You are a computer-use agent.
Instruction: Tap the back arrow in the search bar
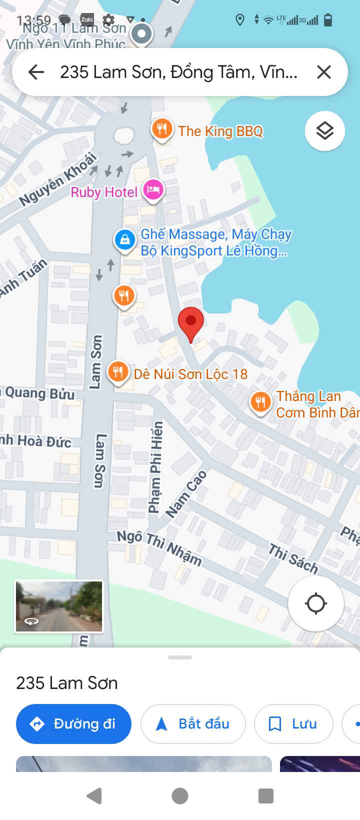pyautogui.click(x=36, y=72)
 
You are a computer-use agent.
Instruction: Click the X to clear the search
pyautogui.click(x=324, y=72)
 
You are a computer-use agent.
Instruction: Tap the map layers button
pyautogui.click(x=325, y=131)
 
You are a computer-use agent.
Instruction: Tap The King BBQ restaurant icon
pyautogui.click(x=161, y=129)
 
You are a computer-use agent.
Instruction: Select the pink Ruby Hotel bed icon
pyautogui.click(x=153, y=190)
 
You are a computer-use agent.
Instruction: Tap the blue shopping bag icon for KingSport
pyautogui.click(x=124, y=239)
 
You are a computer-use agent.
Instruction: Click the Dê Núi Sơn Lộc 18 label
pyautogui.click(x=190, y=374)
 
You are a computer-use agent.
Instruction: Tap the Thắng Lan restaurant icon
pyautogui.click(x=260, y=401)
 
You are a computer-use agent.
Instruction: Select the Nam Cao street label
pyautogui.click(x=185, y=494)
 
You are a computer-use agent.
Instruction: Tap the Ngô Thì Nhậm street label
pyautogui.click(x=159, y=547)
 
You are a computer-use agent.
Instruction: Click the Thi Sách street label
pyautogui.click(x=293, y=558)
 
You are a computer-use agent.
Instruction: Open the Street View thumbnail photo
pyautogui.click(x=59, y=606)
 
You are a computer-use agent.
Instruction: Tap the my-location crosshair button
pyautogui.click(x=315, y=603)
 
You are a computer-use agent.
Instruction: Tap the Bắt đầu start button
pyautogui.click(x=193, y=723)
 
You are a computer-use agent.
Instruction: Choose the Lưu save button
pyautogui.click(x=293, y=723)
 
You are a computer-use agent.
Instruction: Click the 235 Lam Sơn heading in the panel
pyautogui.click(x=67, y=683)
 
